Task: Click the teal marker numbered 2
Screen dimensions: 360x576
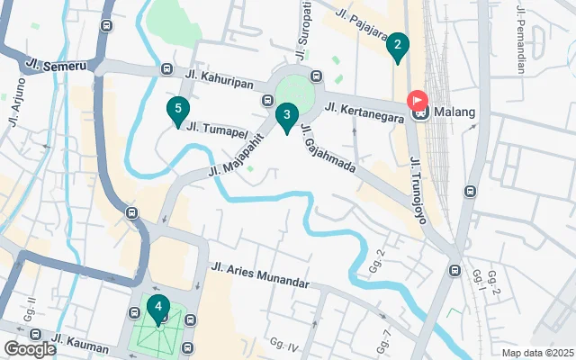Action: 398,46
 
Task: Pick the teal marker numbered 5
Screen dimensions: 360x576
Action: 178,111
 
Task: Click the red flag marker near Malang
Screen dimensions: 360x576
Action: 418,100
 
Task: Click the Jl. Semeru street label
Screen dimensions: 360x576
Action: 57,66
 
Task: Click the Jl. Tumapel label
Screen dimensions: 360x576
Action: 217,129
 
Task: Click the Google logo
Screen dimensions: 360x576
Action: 30,348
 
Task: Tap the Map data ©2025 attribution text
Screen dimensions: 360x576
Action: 536,353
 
